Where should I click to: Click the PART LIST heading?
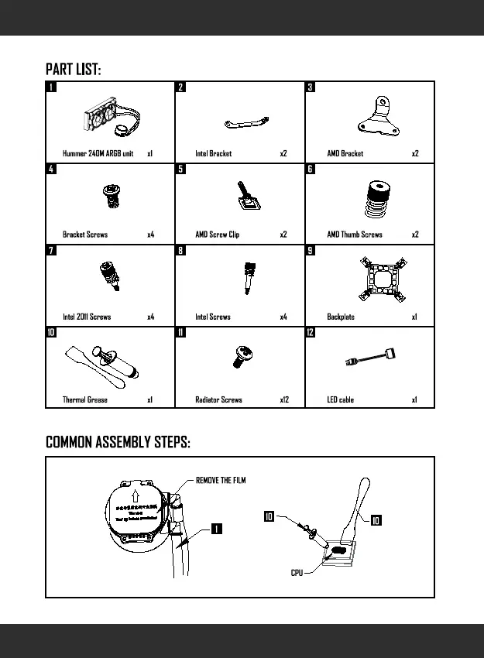(73, 70)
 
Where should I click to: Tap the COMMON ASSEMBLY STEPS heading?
(118, 442)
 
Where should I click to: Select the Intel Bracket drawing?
(246, 122)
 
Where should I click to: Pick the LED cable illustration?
(373, 362)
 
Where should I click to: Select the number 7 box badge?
(50, 250)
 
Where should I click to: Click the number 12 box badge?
(311, 332)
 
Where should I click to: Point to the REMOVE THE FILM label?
(221, 481)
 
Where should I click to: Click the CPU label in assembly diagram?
(297, 573)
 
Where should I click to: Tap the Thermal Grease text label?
(85, 400)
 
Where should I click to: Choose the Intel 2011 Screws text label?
(87, 317)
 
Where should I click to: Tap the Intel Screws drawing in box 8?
(250, 276)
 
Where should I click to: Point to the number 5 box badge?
(180, 169)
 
